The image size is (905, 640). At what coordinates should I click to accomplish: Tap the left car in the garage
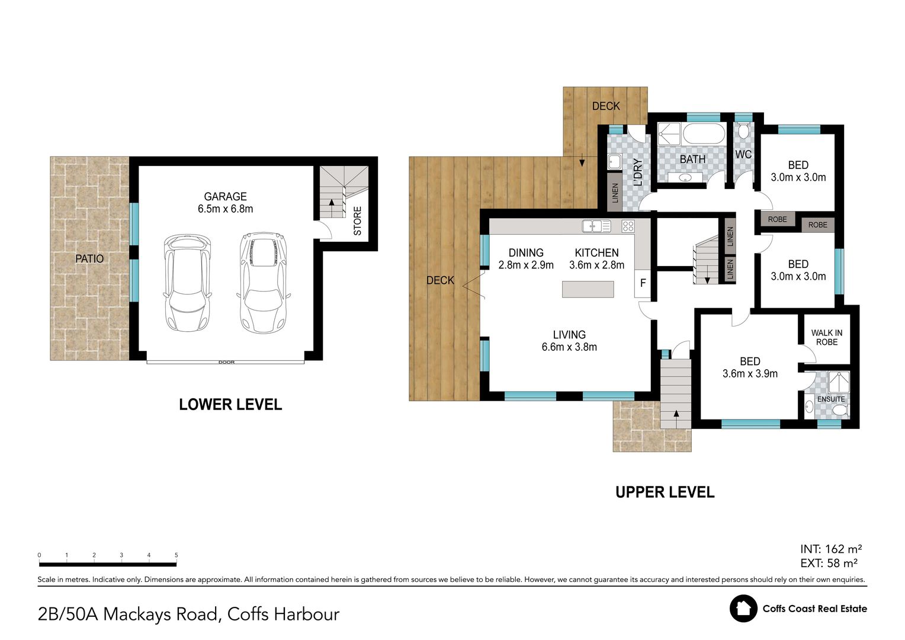coord(187,283)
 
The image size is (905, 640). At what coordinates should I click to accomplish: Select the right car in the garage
coord(264,281)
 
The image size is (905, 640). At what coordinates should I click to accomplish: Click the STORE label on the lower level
coord(357,220)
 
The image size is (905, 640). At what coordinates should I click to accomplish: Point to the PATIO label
coord(89,258)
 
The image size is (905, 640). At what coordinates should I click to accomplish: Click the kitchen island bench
coord(588,289)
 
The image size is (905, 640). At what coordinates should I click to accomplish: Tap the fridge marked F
coord(643,283)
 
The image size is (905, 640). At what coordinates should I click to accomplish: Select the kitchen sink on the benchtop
coord(596,226)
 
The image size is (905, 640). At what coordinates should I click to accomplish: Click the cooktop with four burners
coord(627,226)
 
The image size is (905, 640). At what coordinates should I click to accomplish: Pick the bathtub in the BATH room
coord(703,134)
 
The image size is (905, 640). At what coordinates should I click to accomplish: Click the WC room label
coord(743,155)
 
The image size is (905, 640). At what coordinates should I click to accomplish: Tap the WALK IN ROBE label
coord(826,337)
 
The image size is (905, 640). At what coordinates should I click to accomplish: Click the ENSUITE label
coord(831,399)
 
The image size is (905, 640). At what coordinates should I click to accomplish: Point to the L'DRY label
coord(638,172)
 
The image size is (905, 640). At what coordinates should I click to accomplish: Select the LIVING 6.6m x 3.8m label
coord(569,341)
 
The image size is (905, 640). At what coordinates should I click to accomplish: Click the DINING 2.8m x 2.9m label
coord(526,259)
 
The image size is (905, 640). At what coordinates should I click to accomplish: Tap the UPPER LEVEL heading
coord(665,492)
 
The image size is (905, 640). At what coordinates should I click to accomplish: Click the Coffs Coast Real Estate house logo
coord(743,609)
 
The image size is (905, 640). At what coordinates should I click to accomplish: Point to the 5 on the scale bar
coord(176,555)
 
